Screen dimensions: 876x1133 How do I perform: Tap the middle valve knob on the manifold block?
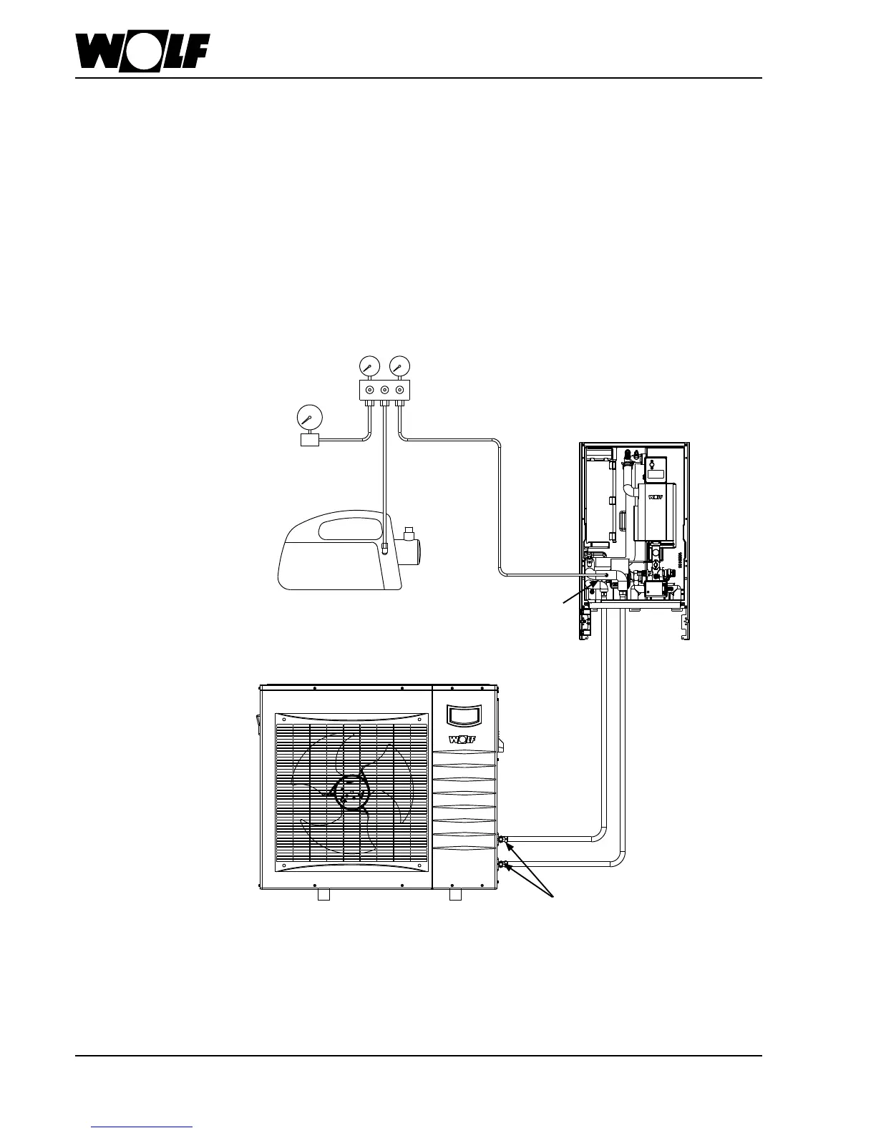384,390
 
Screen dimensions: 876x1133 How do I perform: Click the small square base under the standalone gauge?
309,439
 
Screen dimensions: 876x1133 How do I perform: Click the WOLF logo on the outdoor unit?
462,739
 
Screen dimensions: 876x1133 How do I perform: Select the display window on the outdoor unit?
464,715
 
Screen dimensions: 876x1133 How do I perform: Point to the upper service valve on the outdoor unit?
503,838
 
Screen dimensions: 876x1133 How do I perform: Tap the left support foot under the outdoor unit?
323,895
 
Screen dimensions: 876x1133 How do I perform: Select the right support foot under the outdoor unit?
454,895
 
